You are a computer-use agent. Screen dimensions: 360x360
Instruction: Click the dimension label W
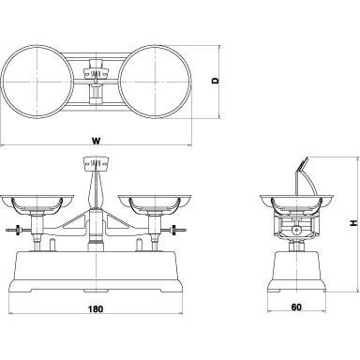coord(97,141)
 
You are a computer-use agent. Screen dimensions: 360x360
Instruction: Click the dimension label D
coord(216,81)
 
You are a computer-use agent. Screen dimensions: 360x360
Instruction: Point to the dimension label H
coord(353,223)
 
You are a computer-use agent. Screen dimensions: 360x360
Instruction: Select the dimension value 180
coord(96,309)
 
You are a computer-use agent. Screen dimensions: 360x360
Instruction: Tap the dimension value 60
coord(296,307)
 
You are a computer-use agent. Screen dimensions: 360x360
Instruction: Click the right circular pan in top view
coord(190,82)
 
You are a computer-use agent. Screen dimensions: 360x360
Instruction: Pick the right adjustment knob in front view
coord(174,231)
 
